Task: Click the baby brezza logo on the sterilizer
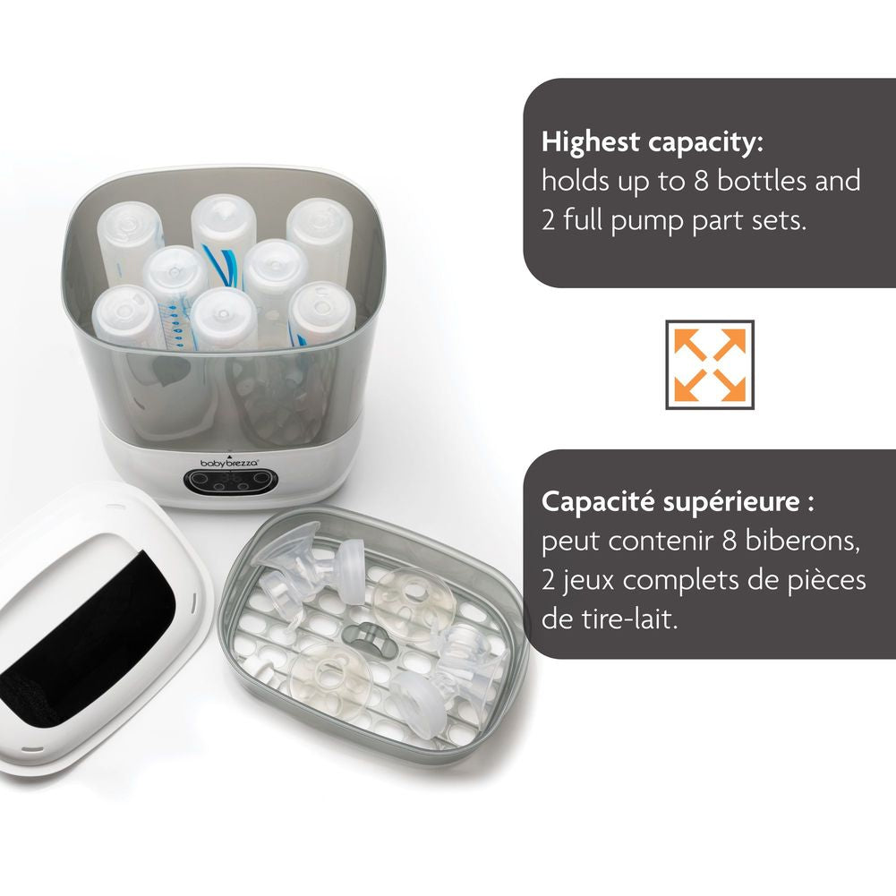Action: pos(229,462)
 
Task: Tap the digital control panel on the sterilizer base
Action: pos(227,482)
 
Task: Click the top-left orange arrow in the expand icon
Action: pos(690,345)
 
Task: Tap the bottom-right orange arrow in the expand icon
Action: pos(730,385)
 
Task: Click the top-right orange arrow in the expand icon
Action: pos(730,345)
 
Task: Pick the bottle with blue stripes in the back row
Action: pos(222,240)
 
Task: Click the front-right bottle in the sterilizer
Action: pos(322,314)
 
